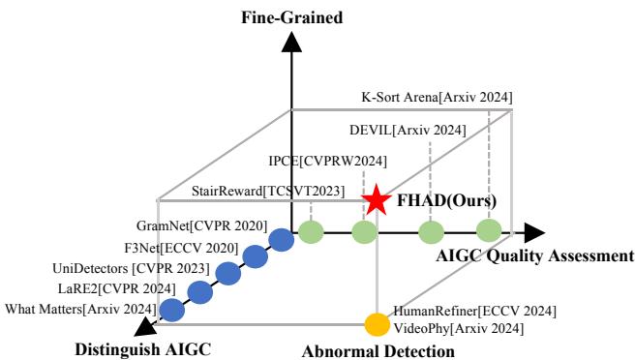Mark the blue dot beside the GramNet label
281,239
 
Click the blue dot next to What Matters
172,310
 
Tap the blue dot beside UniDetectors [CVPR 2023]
228,274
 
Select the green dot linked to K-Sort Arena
489,231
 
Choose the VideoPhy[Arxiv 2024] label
459,329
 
